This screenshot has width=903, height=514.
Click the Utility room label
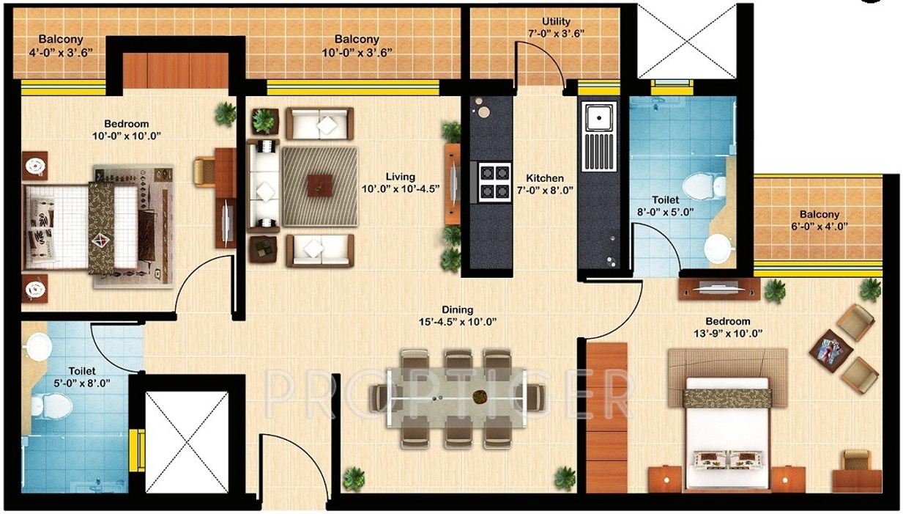(556, 22)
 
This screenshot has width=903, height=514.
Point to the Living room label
(400, 177)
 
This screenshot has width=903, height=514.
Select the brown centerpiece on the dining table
(480, 397)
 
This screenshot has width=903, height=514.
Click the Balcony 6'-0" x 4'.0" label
(820, 215)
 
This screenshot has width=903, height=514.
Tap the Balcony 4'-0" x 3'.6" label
(61, 40)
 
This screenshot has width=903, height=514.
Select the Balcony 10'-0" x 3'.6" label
(357, 40)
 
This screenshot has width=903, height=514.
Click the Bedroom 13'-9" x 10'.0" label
(727, 321)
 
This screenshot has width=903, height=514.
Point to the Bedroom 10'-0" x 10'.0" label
(126, 124)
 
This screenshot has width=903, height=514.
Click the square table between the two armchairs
(829, 345)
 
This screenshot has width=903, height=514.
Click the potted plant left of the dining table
(354, 477)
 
